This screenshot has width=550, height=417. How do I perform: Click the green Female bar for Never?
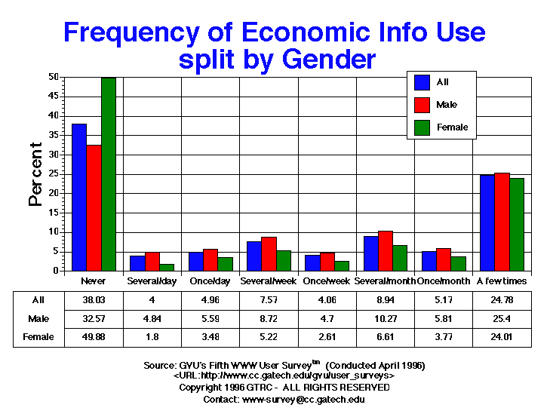(x=109, y=173)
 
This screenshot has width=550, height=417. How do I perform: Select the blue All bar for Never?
(x=79, y=197)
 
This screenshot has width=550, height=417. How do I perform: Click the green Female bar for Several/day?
(x=167, y=267)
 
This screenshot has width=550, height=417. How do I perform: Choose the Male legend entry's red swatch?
(x=422, y=105)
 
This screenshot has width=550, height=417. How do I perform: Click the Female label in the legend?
(x=452, y=127)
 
